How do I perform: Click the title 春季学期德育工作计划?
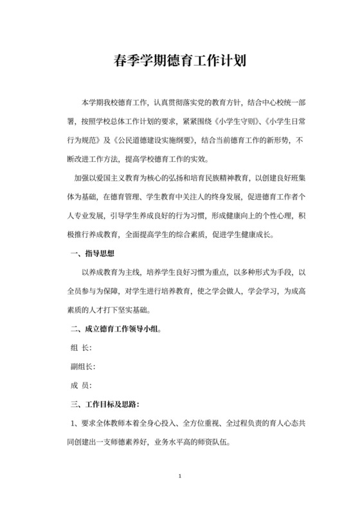click(180, 63)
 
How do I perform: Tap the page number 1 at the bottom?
click(181, 477)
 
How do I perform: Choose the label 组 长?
click(80, 348)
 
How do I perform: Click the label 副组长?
click(82, 367)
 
